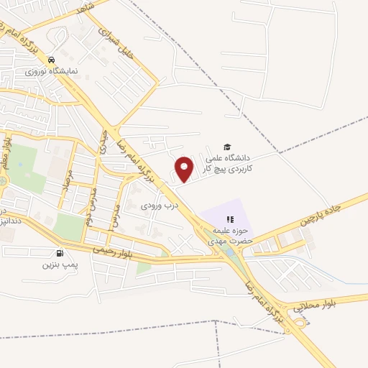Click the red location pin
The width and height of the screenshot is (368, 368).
[x=185, y=167]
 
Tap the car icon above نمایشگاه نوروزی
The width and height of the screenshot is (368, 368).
[x=51, y=60]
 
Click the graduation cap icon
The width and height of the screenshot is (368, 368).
[x=227, y=146]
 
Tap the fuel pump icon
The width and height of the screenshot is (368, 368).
[x=58, y=252]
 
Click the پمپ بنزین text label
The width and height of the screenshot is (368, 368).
[x=59, y=264]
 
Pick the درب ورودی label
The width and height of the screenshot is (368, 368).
[x=155, y=206]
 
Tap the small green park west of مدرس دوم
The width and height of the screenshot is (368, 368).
[x=70, y=226]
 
